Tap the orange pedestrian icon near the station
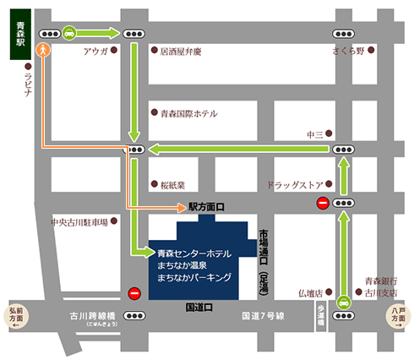pos(42,50)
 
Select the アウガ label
pos(94,51)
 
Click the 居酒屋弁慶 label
pos(181,51)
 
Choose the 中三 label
pos(316,134)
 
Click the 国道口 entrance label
pos(199,308)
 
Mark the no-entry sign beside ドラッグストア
pos(322,203)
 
